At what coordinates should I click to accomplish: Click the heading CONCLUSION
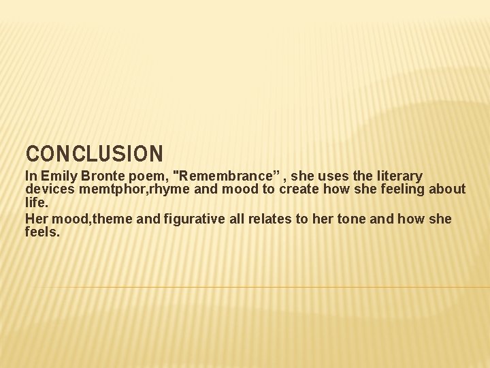click(x=94, y=153)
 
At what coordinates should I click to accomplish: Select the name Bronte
click(x=99, y=177)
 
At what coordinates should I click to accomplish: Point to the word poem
click(x=141, y=177)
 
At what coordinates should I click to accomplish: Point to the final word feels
click(x=42, y=232)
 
